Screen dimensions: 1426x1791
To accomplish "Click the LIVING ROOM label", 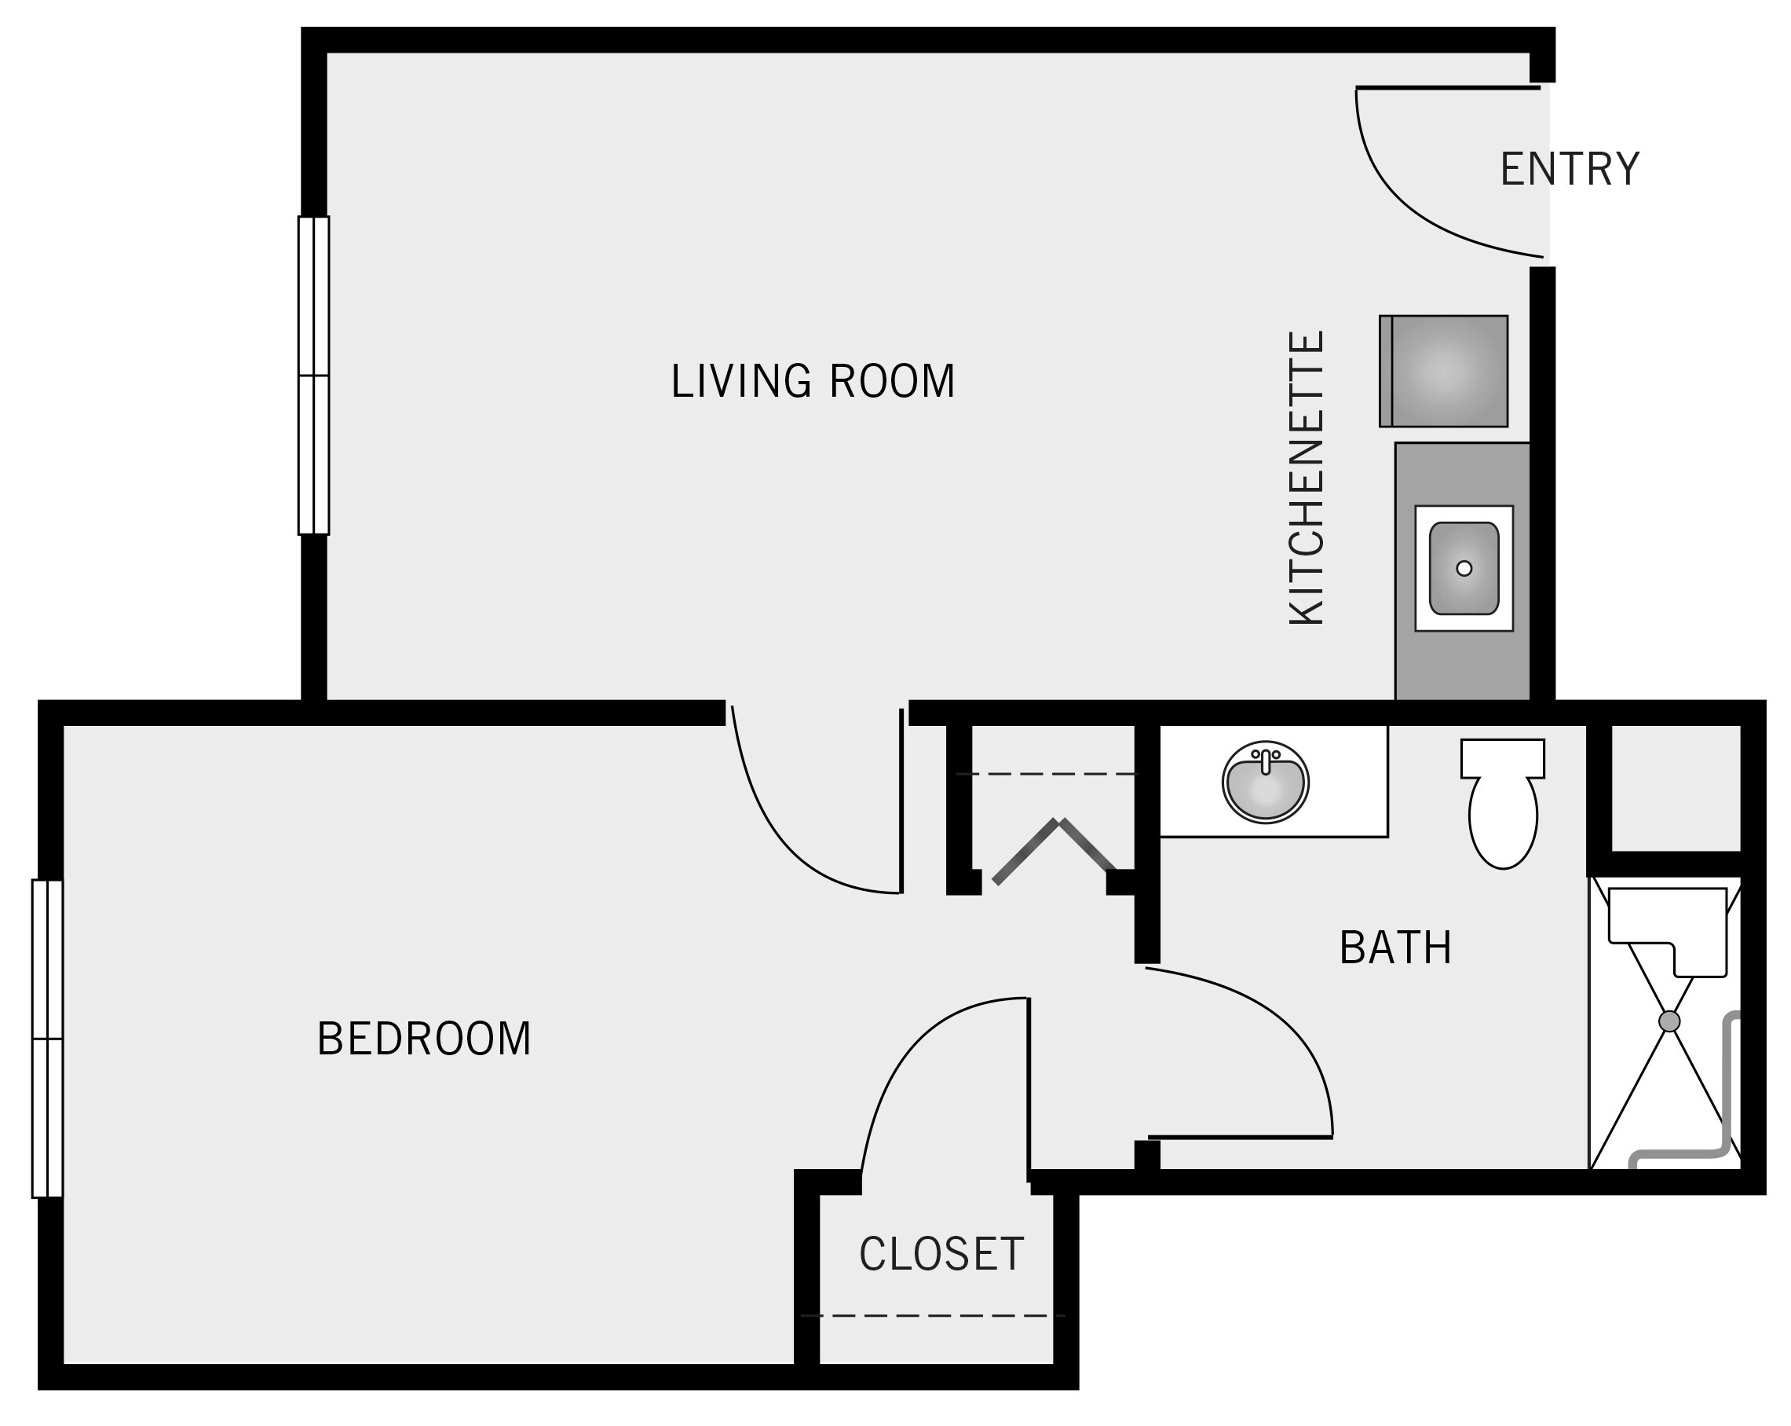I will click(813, 381).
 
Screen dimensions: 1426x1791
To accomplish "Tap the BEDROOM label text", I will click(424, 1039).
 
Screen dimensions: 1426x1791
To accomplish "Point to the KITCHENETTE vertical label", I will click(1307, 478).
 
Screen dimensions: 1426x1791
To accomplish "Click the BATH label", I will click(1394, 948).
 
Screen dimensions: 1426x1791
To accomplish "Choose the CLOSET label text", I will click(941, 1254).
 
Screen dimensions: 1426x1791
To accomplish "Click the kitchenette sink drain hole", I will click(1464, 568).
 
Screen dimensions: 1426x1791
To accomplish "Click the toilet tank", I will click(1502, 758).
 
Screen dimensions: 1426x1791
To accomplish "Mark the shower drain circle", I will click(1669, 1021).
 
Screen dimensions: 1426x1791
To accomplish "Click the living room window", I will click(314, 376).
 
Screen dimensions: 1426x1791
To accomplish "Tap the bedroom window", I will click(47, 1038).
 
